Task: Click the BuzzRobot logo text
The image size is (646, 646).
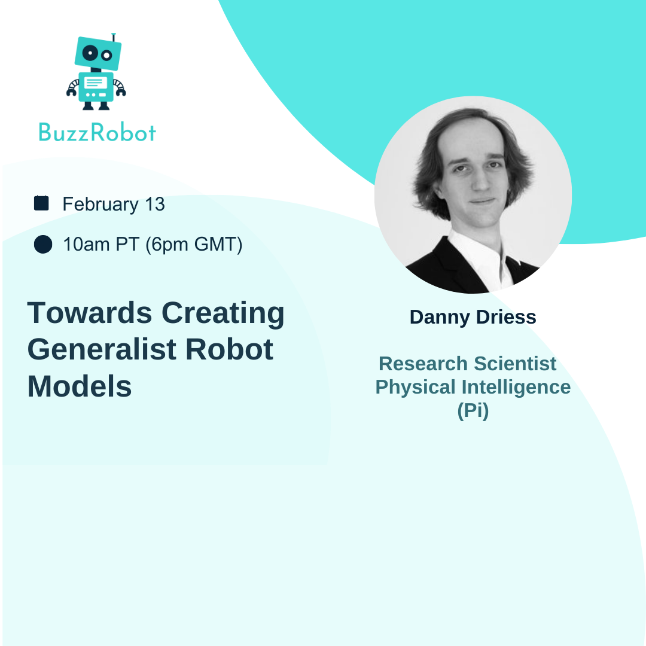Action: (x=97, y=132)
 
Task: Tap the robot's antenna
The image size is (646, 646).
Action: (x=114, y=38)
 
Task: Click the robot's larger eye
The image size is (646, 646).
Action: (x=90, y=53)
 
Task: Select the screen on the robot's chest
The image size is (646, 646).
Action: (x=96, y=83)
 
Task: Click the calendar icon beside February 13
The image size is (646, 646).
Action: (x=41, y=203)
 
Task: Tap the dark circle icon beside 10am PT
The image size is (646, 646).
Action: (x=43, y=244)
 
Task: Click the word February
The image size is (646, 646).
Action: (x=100, y=205)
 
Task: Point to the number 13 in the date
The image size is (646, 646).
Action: (x=155, y=205)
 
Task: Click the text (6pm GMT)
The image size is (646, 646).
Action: (x=194, y=245)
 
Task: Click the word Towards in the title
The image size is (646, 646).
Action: (x=90, y=313)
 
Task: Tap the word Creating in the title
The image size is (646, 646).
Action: (x=223, y=313)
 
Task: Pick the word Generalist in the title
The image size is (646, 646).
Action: (x=102, y=349)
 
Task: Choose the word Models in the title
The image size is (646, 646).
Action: (x=80, y=386)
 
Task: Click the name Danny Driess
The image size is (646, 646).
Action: (x=473, y=317)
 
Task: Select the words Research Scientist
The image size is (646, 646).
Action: (x=468, y=364)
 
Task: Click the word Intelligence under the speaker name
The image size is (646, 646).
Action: (x=516, y=388)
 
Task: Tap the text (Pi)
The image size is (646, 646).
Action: (x=473, y=411)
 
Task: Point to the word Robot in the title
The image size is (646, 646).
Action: (x=230, y=349)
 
